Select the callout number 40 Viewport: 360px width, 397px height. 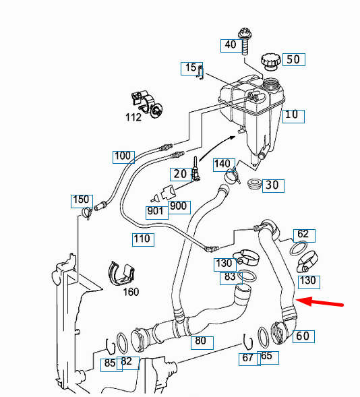pos(231,45)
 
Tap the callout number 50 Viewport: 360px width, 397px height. pos(293,59)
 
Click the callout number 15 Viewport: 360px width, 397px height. pos(190,68)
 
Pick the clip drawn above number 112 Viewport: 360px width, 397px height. pos(147,100)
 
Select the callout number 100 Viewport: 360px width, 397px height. pos(123,157)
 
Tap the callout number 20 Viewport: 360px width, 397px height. pos(179,173)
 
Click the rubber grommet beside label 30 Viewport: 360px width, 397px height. pos(255,183)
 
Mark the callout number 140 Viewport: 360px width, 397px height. pos(222,164)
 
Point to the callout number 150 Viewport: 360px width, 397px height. pos(82,200)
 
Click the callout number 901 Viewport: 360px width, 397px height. pos(156,210)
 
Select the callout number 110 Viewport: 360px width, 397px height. pos(142,239)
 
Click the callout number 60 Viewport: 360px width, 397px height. pos(303,336)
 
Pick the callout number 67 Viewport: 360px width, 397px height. pos(247,357)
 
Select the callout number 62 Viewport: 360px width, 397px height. pos(303,235)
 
